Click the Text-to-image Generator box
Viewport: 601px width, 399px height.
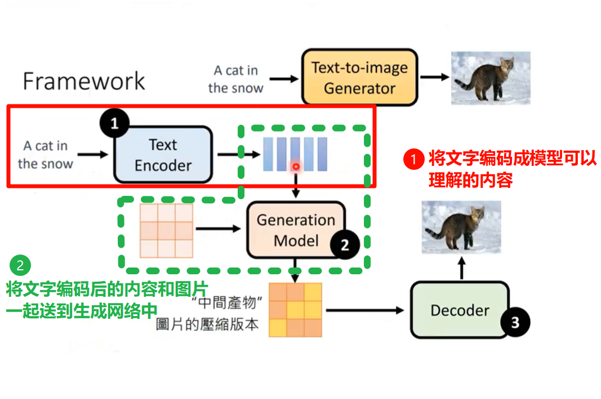tap(359, 77)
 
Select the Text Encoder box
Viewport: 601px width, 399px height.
tap(163, 155)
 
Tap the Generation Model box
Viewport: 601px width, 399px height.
tap(296, 230)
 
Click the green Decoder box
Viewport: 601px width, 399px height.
tap(460, 310)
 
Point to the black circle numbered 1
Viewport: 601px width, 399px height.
tap(114, 123)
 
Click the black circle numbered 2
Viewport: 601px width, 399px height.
tap(345, 244)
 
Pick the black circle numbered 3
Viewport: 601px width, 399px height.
tap(515, 322)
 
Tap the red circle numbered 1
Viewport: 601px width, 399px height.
tap(413, 159)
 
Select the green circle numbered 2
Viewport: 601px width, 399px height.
tap(20, 265)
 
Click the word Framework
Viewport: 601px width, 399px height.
tap(84, 81)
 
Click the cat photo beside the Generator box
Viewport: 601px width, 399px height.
tap(491, 78)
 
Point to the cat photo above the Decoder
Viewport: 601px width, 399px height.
tap(461, 227)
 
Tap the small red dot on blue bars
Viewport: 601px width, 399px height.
tap(296, 166)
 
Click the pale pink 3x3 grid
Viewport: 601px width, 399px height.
tap(166, 230)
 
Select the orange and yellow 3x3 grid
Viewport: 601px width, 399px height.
tap(295, 310)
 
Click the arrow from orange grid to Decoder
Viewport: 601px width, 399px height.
tap(365, 310)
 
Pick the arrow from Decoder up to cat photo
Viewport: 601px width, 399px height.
tap(462, 268)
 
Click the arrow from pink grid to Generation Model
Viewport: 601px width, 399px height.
tap(219, 229)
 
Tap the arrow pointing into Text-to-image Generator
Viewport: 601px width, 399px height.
tap(284, 79)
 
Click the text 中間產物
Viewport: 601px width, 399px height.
tap(226, 302)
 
